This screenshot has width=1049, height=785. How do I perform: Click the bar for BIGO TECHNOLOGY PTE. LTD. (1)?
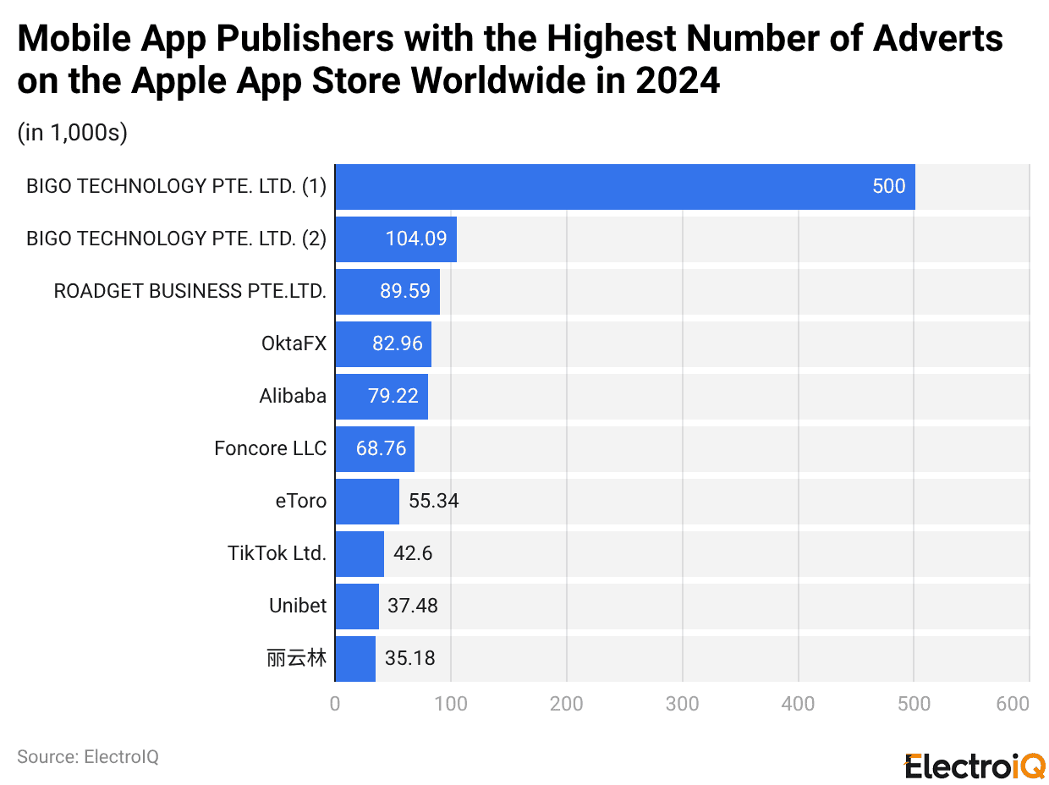coord(624,187)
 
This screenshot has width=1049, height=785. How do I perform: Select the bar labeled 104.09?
coord(396,239)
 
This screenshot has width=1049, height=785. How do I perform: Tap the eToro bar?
coord(366,501)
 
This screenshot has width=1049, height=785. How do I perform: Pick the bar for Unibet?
coord(356,606)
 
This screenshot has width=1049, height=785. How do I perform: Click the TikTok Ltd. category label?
coord(277,553)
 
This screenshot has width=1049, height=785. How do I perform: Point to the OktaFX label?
coord(294,343)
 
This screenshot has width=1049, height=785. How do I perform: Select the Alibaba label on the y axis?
coord(293,396)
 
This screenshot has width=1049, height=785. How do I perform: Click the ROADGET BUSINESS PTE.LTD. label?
coord(189,291)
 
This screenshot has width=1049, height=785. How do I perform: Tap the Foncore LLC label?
coord(270,448)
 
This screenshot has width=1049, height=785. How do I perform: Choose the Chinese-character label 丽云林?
coord(296,658)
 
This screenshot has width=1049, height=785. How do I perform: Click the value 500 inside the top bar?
coord(888,187)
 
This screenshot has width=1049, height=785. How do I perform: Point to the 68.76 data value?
coord(381,448)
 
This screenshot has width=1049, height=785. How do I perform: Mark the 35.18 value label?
coord(409,658)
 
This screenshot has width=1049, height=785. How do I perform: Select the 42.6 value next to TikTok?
coord(413,553)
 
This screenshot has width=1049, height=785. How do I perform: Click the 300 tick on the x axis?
coord(682,704)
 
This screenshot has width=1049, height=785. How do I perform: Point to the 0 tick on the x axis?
coord(335,704)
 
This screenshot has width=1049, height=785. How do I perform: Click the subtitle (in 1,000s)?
coord(72,134)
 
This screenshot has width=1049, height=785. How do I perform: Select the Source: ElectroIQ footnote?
coord(88,756)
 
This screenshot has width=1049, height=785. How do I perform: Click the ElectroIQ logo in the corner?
coord(975,766)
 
